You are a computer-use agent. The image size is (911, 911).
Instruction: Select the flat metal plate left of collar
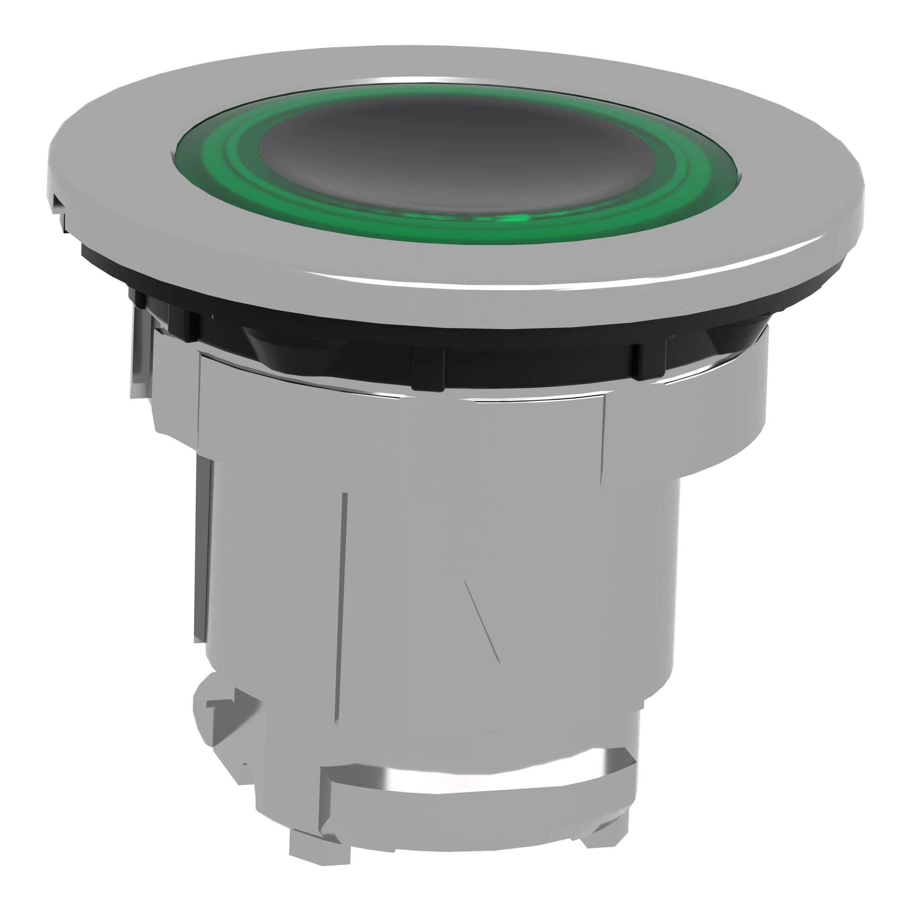pos(142,358)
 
